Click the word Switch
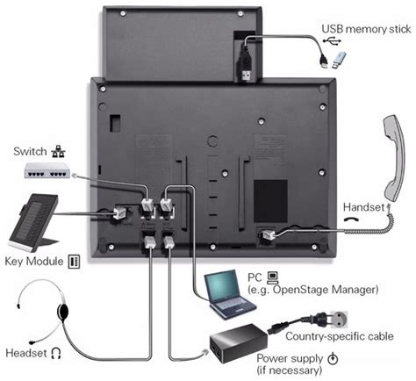pos(30,150)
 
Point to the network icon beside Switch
pos(59,150)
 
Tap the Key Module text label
pos(35,262)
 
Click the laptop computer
pos(230,291)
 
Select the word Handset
pos(363,207)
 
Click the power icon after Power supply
pos(333,358)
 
